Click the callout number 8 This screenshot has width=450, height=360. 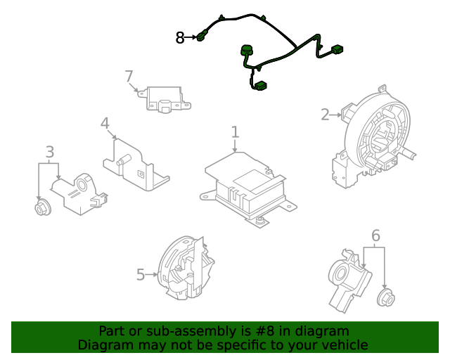[180, 38]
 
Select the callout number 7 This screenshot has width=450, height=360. [129, 76]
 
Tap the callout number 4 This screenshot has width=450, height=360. [105, 124]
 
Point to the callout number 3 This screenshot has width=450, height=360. [49, 152]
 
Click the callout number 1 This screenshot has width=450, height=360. [235, 132]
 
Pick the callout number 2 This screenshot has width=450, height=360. [325, 115]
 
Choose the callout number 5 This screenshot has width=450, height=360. [141, 275]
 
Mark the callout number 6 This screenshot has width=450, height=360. [375, 236]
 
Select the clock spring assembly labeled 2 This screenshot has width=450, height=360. [373, 134]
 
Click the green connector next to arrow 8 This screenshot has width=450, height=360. [203, 37]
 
